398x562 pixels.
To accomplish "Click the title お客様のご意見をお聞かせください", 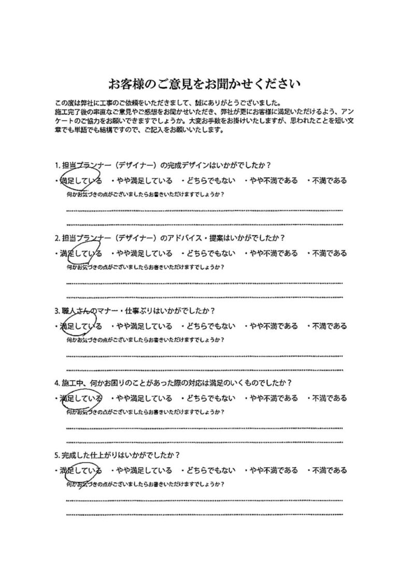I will [204, 83].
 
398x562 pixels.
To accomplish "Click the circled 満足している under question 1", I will [81, 181].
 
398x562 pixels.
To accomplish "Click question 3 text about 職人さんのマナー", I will [135, 311].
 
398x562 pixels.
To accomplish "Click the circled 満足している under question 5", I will [81, 470].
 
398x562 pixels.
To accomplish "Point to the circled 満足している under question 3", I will [81, 326].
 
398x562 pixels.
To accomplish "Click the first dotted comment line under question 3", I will [205, 356].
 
